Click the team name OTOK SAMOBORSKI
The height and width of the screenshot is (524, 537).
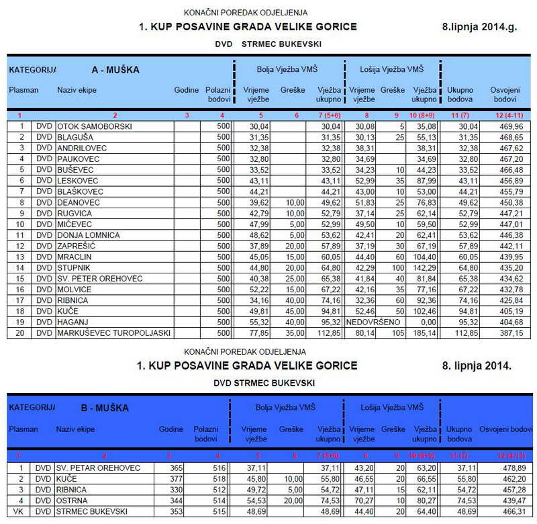coord(94,126)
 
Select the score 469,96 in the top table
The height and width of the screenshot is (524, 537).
coord(511,126)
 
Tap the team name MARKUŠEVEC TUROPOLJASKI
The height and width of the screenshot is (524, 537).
coord(113,333)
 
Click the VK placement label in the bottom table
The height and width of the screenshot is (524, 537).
coord(21,511)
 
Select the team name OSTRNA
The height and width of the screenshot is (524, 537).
coord(72,500)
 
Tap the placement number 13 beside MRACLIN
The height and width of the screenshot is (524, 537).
coord(21,257)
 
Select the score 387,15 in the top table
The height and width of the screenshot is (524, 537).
coord(511,333)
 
